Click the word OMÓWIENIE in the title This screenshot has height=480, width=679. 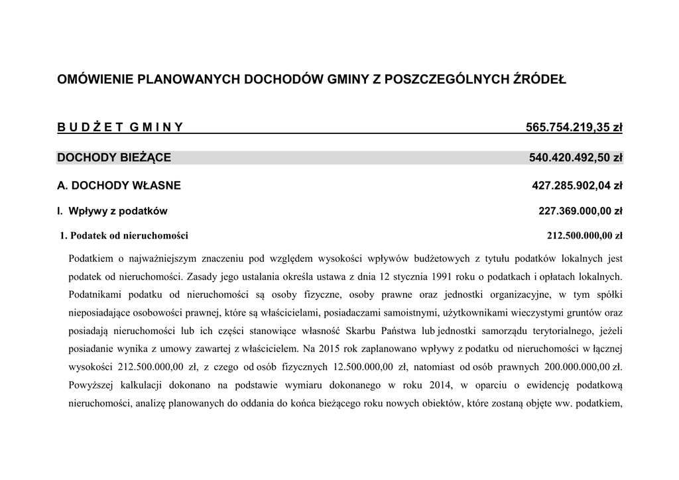click(95, 80)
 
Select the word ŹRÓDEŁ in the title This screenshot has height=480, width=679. click(540, 80)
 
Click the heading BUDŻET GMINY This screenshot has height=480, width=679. click(120, 127)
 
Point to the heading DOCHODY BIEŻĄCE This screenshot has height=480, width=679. click(114, 158)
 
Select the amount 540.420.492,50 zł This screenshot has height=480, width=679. click(576, 158)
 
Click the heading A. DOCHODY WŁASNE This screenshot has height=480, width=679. click(119, 186)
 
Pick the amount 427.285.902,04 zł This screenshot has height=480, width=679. click(577, 186)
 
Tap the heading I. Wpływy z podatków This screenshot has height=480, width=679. click(112, 211)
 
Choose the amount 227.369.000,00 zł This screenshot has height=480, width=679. click(580, 211)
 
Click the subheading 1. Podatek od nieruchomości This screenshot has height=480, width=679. click(124, 235)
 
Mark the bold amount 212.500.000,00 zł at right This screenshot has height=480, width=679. click(584, 235)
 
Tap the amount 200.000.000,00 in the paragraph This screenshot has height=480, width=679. click(572, 366)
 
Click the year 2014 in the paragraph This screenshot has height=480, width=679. click(438, 385)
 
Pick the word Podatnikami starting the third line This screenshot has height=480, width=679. click(95, 294)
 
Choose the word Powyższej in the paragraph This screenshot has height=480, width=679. click(90, 385)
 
